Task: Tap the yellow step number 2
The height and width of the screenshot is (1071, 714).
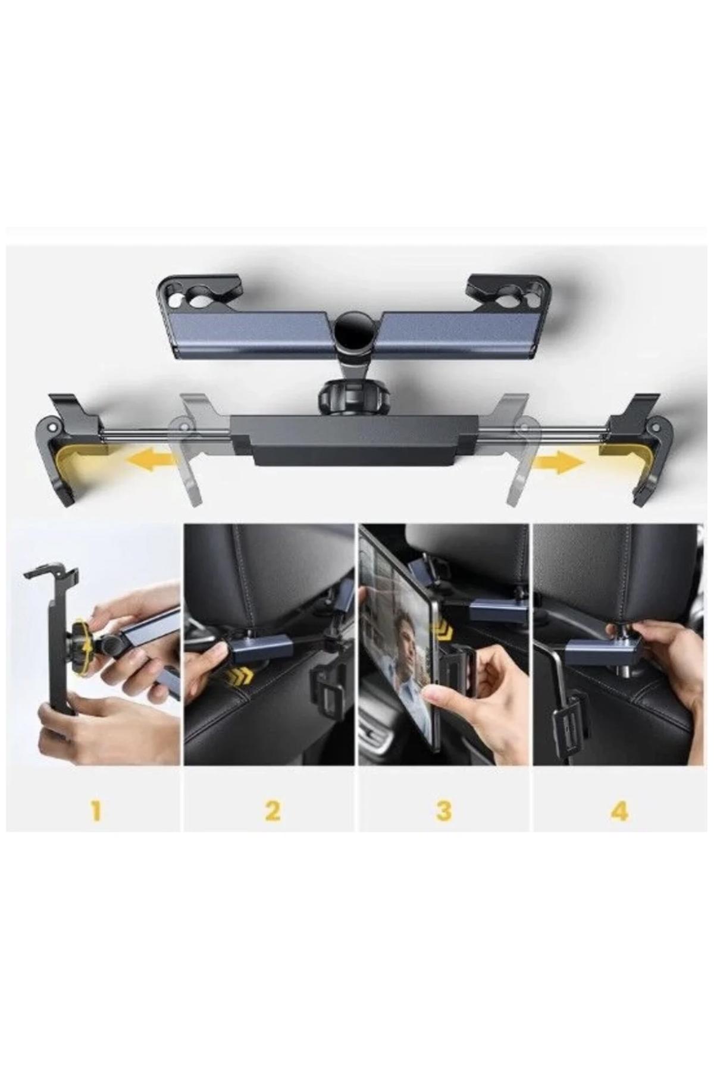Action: pyautogui.click(x=273, y=810)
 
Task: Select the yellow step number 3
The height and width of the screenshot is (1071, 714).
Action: pyautogui.click(x=444, y=810)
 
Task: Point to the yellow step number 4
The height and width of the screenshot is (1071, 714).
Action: pyautogui.click(x=619, y=810)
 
